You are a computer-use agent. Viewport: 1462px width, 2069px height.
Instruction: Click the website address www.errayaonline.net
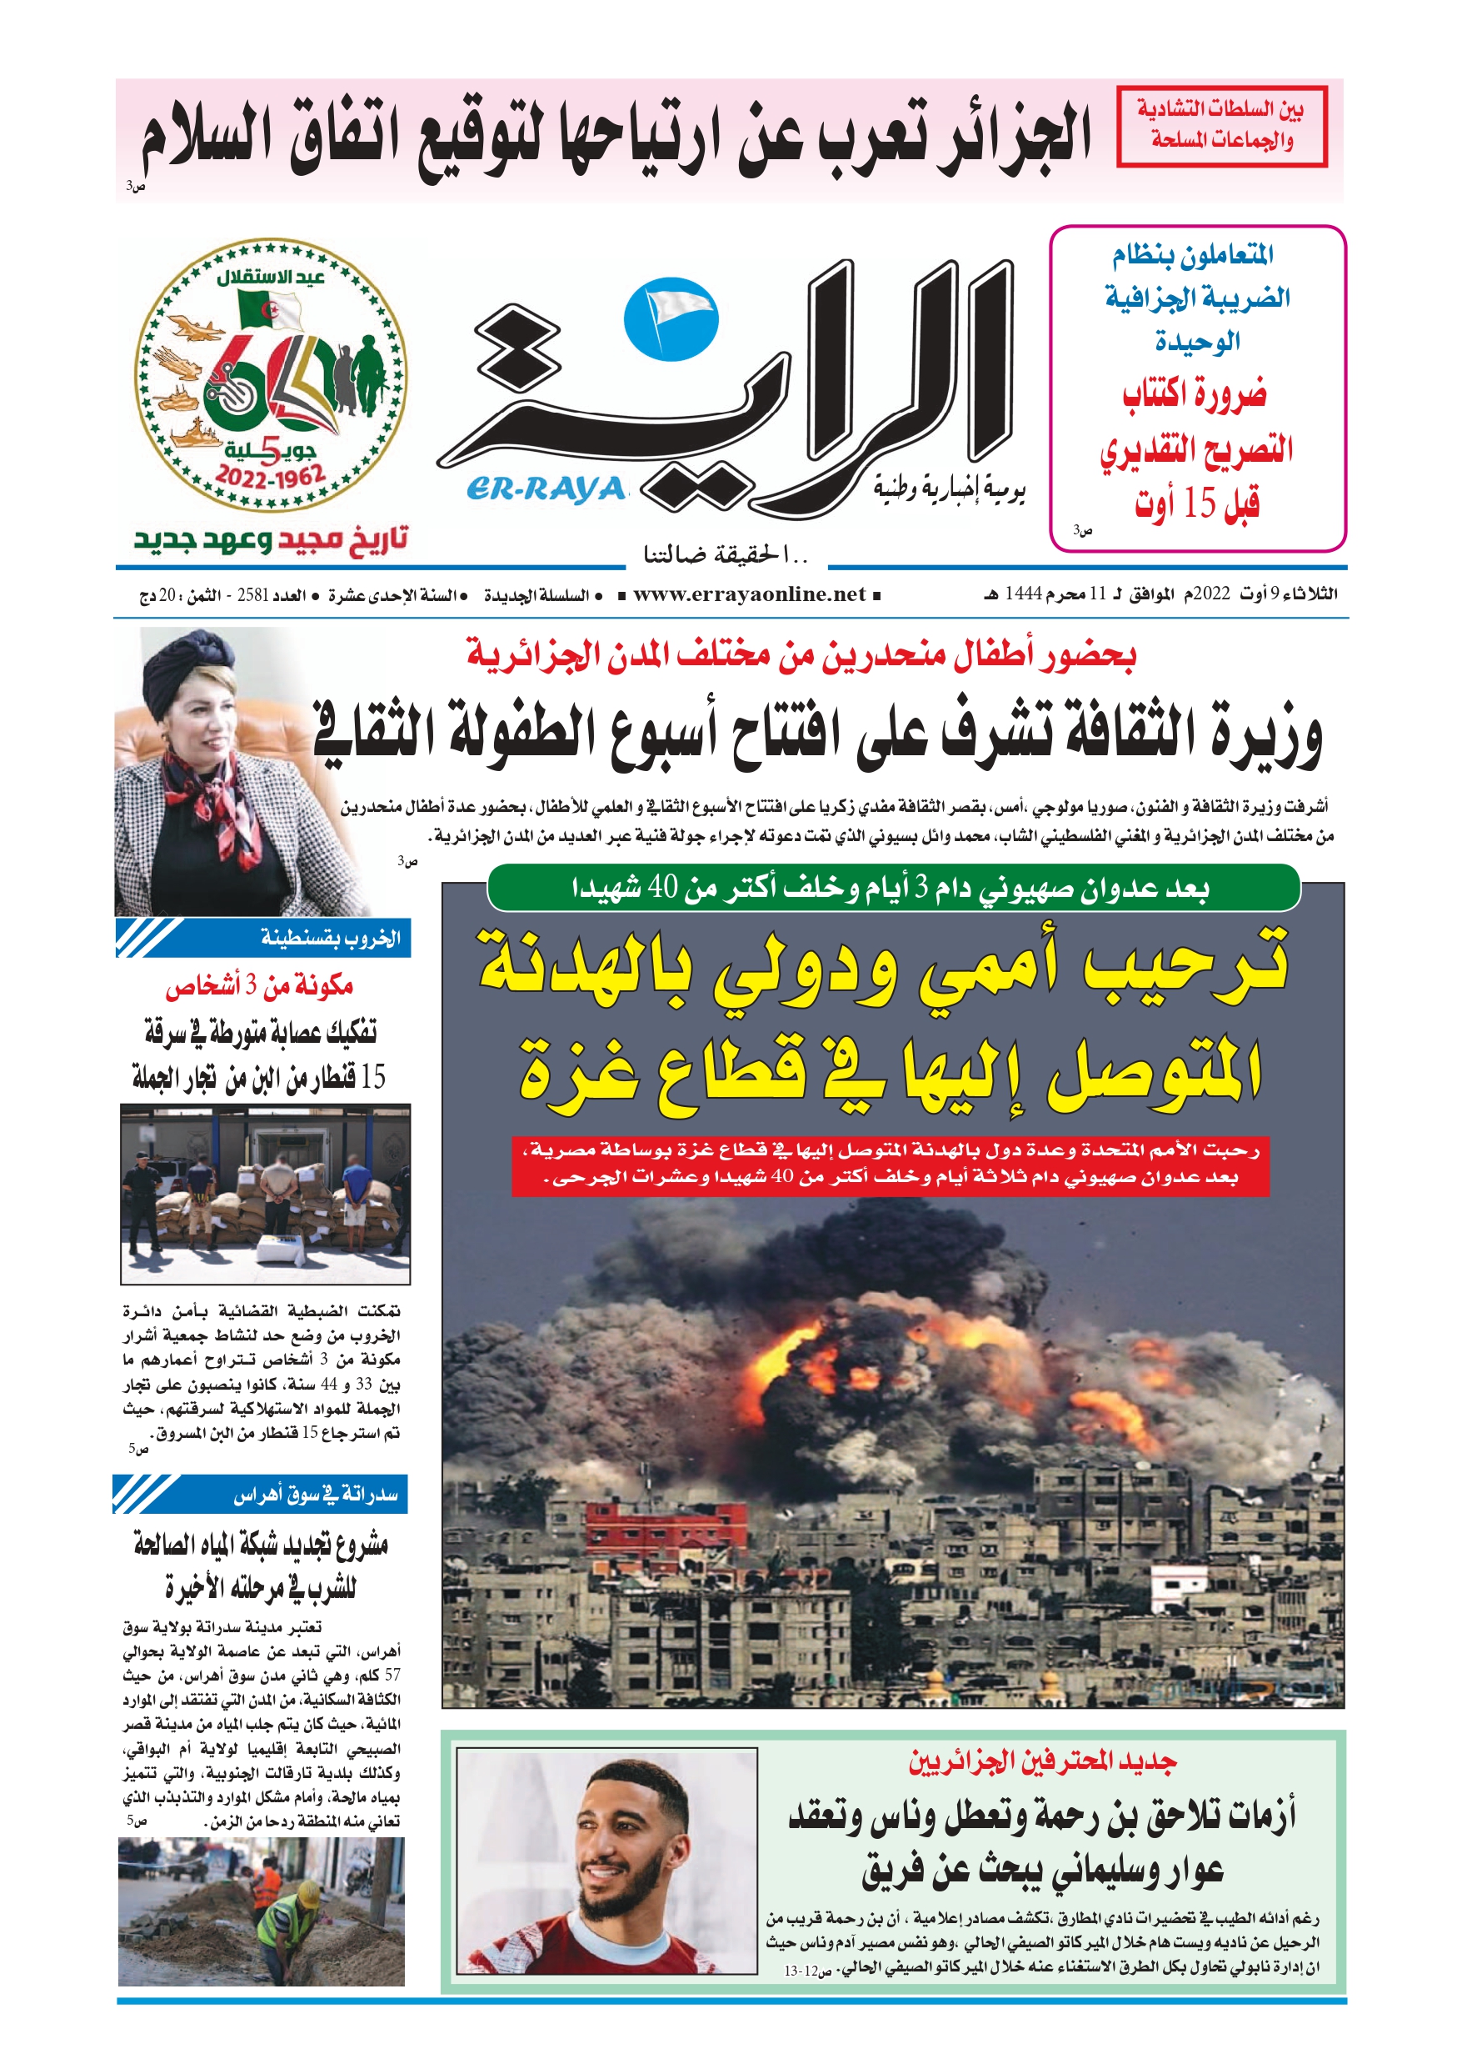749,594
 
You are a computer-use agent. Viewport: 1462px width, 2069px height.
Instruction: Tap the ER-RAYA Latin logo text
545,488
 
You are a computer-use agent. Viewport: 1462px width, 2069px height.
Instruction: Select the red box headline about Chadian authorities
1221,126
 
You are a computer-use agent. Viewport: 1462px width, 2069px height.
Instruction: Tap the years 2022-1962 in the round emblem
269,476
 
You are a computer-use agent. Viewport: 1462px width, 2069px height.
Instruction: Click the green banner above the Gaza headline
892,889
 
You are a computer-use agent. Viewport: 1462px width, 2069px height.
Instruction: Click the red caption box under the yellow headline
890,1164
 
